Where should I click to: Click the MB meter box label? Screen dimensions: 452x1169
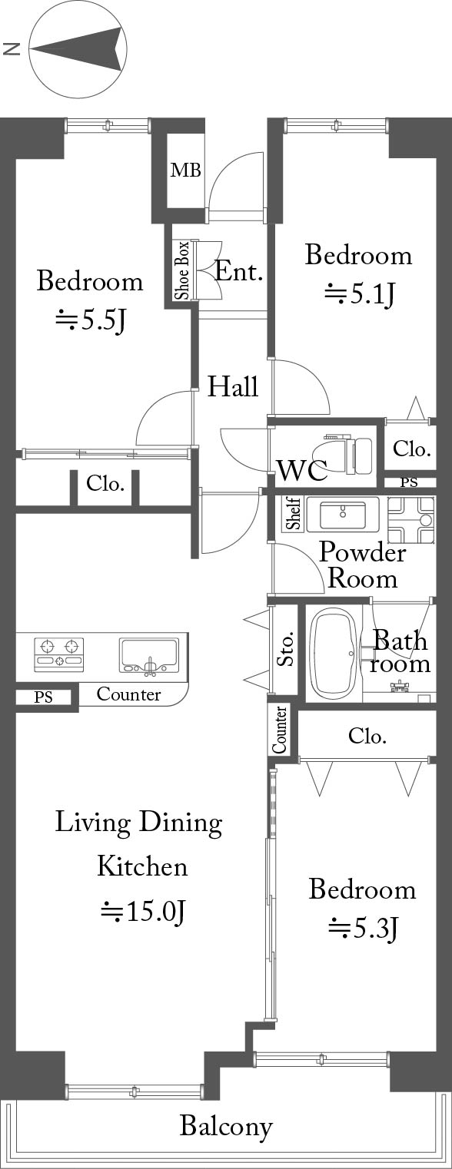click(x=186, y=170)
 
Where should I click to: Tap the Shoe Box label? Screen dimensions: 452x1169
click(x=182, y=270)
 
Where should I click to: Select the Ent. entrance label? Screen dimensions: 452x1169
click(x=238, y=272)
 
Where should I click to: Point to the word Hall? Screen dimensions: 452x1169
click(x=233, y=386)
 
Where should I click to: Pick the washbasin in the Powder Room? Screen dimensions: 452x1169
click(x=343, y=515)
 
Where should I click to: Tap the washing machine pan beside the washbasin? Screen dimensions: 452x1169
click(x=411, y=519)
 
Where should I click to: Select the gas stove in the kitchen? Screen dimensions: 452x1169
click(x=58, y=654)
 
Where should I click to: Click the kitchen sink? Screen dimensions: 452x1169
click(x=149, y=656)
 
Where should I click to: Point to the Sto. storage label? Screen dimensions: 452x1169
click(x=286, y=649)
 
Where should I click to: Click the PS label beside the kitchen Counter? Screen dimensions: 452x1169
click(x=43, y=697)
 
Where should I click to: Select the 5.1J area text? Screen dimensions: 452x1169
click(x=360, y=294)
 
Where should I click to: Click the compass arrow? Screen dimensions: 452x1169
click(x=79, y=48)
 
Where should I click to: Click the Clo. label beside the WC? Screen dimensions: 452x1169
click(x=411, y=449)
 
